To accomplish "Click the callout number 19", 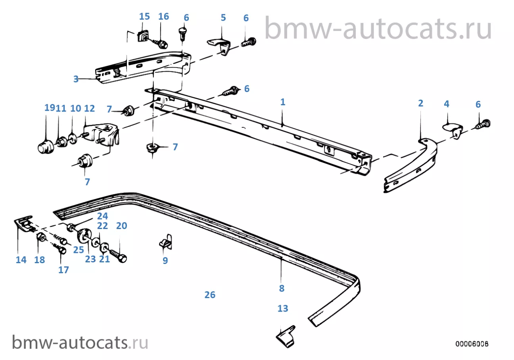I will tap(50, 108).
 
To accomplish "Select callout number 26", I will tap(210, 295).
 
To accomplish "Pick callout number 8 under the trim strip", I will tap(282, 289).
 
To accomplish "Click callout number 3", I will tap(76, 79).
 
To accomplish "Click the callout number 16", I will tap(163, 17).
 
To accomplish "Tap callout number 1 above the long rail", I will tap(283, 102).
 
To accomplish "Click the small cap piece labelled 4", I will tap(452, 129).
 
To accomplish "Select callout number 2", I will tap(420, 104).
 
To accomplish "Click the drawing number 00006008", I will tap(472, 343).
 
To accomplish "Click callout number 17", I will tap(63, 270).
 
